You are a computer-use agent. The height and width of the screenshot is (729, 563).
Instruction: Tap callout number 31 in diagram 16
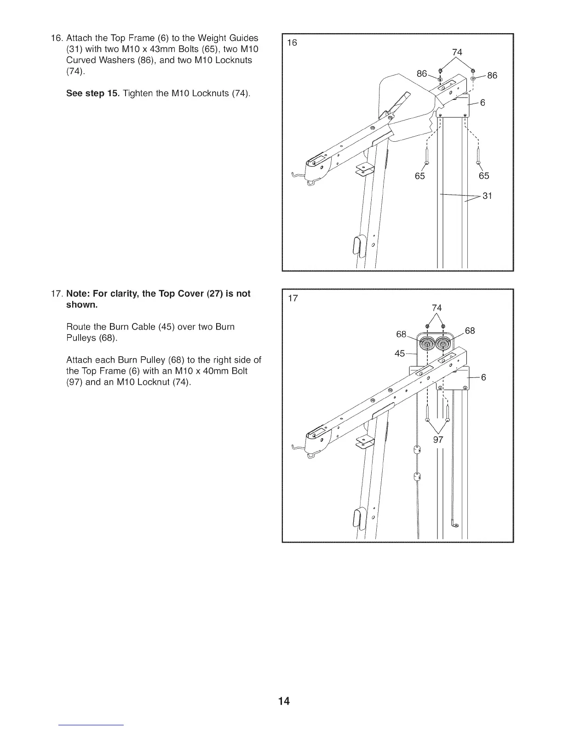coord(488,196)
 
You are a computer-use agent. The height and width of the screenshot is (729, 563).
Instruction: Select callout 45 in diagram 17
coord(400,353)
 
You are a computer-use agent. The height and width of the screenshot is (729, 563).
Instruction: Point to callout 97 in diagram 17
coord(438,440)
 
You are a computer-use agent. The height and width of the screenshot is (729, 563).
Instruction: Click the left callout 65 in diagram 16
coord(419,176)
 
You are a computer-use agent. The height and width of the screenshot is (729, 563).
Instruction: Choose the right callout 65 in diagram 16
coord(484,176)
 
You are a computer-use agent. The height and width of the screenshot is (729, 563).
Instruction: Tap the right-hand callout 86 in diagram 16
coord(492,75)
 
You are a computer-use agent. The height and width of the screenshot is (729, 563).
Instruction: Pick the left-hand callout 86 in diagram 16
coord(422,74)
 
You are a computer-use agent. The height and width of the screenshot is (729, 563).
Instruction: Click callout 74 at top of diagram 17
coord(437,308)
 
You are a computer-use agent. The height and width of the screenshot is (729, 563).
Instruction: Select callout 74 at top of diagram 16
coord(457,52)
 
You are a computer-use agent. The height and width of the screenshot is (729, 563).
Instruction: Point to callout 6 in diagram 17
coord(483,377)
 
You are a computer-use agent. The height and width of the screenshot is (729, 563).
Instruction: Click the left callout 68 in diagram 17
coord(401,333)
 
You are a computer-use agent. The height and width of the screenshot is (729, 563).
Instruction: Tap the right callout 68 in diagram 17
coord(470,331)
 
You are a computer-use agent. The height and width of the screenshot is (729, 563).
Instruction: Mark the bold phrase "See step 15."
coord(92,94)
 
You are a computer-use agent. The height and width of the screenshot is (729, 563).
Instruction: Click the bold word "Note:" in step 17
coord(80,294)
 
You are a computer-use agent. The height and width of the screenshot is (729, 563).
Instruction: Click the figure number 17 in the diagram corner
coord(293,298)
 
